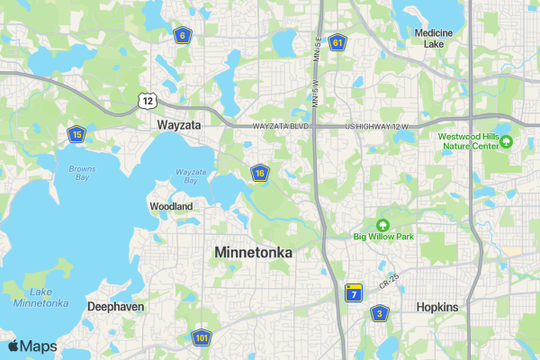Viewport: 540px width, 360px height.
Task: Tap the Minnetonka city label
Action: pyautogui.click(x=254, y=253)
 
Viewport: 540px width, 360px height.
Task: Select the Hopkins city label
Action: pyautogui.click(x=437, y=307)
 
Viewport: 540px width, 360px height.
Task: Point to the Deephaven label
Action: pyautogui.click(x=115, y=307)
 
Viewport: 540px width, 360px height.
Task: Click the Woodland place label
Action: pyautogui.click(x=171, y=206)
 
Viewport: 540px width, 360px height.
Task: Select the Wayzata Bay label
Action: pyautogui.click(x=191, y=175)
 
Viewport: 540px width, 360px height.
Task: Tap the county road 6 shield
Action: pyautogui.click(x=182, y=35)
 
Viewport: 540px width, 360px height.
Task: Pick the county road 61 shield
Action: pyautogui.click(x=337, y=42)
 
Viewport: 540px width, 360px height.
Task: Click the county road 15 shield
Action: pyautogui.click(x=76, y=134)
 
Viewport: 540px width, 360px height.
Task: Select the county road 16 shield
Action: pyautogui.click(x=259, y=173)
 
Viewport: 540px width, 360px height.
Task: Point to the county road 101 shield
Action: pyautogui.click(x=201, y=338)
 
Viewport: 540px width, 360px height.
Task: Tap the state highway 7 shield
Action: pyautogui.click(x=354, y=293)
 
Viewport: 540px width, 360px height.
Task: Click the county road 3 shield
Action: pyautogui.click(x=380, y=313)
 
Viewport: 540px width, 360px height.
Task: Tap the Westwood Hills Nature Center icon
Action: pyautogui.click(x=506, y=141)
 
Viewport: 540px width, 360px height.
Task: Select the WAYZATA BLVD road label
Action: pyautogui.click(x=281, y=126)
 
